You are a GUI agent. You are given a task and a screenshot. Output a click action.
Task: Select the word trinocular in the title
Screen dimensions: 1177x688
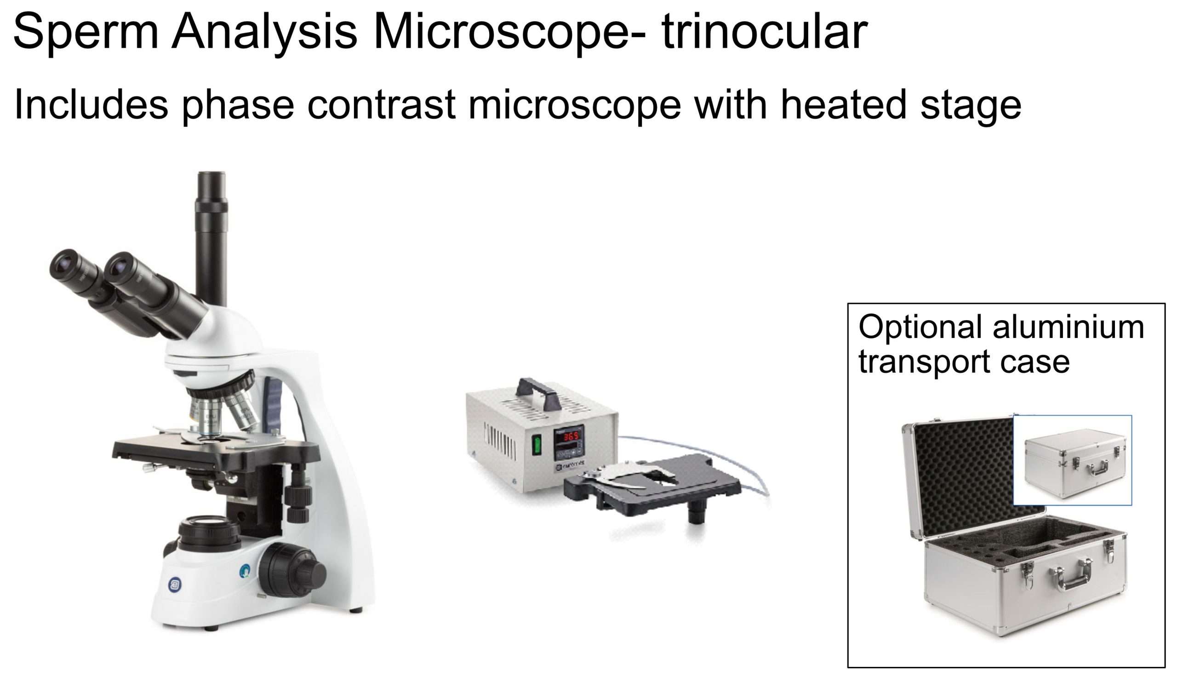765,32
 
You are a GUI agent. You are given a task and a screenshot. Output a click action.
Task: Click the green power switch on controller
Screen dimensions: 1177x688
537,445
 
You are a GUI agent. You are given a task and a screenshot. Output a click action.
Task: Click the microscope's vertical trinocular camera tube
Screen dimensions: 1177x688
211,238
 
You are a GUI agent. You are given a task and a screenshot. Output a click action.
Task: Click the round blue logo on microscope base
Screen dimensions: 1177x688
175,584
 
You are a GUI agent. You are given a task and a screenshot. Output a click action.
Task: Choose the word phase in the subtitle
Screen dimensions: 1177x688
238,106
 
